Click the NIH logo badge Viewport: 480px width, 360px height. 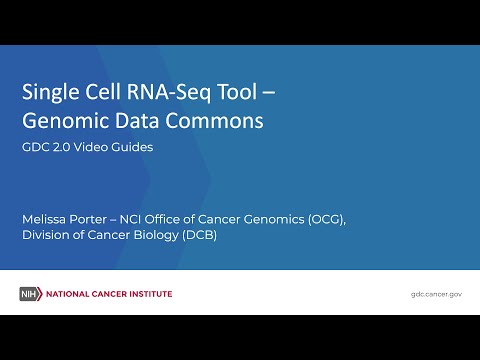[x=29, y=294]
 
